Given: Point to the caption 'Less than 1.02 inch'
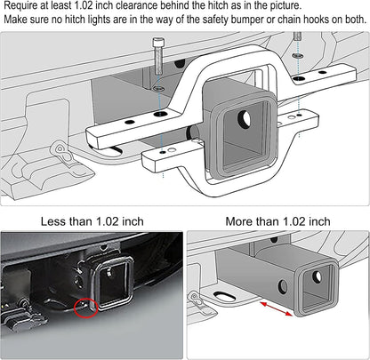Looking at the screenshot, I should coord(92,220).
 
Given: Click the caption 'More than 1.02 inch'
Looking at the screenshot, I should coord(277,220).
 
